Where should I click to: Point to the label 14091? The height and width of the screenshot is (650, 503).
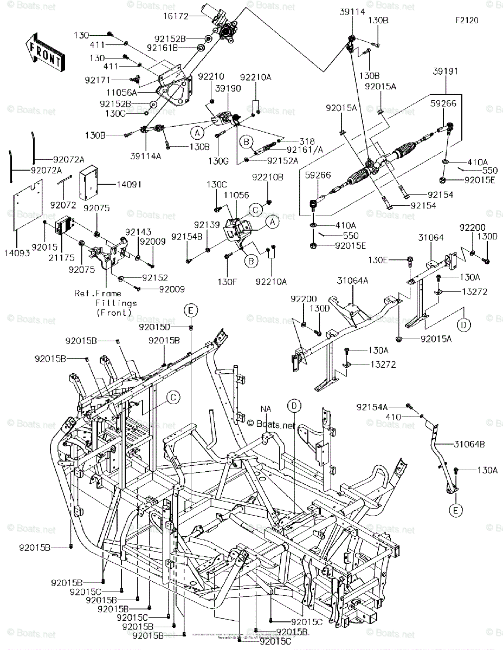tap(129, 185)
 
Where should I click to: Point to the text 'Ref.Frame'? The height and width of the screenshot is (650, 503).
tap(97, 294)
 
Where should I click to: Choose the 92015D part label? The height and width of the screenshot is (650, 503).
tap(154, 327)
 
